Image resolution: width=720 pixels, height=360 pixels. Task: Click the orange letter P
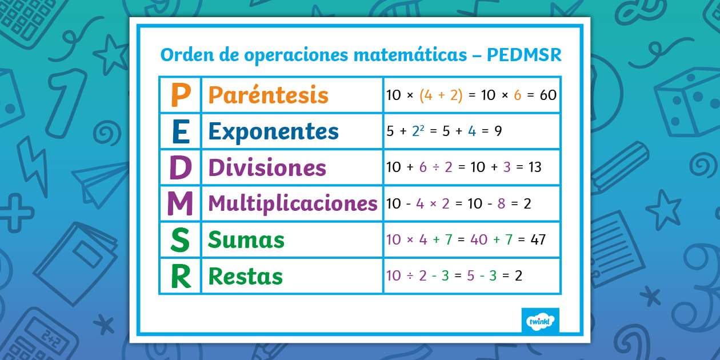(180, 95)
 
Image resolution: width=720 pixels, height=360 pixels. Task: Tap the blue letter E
(180, 131)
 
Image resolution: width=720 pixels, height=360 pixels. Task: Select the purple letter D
(180, 168)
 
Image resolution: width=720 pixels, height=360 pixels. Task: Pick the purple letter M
(180, 204)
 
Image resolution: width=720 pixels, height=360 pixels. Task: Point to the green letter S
(180, 241)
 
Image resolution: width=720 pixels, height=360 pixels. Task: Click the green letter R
(180, 277)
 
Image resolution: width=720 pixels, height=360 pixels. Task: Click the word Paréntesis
(268, 95)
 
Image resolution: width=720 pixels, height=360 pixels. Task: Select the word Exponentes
(273, 131)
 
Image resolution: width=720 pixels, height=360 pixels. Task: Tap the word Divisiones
(267, 168)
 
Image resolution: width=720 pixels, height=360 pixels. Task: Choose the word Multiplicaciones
(293, 203)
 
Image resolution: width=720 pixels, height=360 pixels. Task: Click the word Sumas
(246, 240)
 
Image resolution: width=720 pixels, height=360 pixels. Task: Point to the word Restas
(245, 277)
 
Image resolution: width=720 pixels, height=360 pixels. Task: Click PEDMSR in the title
(524, 55)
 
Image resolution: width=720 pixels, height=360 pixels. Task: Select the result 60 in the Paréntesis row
(548, 95)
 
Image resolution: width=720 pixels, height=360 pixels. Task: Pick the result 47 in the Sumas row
(538, 239)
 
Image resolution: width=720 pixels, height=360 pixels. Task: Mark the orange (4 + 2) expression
(441, 95)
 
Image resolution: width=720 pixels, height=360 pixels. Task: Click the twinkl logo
(540, 321)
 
